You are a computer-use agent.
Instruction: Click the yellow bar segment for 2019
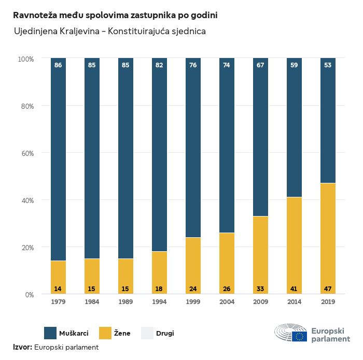click(328, 238)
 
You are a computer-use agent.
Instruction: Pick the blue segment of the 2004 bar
click(227, 145)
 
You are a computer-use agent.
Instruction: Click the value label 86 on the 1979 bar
click(58, 65)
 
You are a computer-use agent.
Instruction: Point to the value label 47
click(328, 289)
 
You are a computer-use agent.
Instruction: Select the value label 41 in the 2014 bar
click(294, 289)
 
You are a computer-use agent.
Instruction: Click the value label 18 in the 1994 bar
click(159, 289)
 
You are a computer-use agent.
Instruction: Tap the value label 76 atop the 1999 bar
click(193, 65)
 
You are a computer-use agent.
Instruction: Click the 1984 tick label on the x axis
click(92, 302)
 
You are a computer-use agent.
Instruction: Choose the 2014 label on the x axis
click(294, 302)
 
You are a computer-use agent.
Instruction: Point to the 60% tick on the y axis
click(26, 153)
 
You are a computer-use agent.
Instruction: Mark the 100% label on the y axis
click(25, 59)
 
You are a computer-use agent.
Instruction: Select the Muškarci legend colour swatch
click(50, 333)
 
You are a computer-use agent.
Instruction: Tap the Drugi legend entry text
click(165, 333)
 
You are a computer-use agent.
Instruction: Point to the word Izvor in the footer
click(22, 347)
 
